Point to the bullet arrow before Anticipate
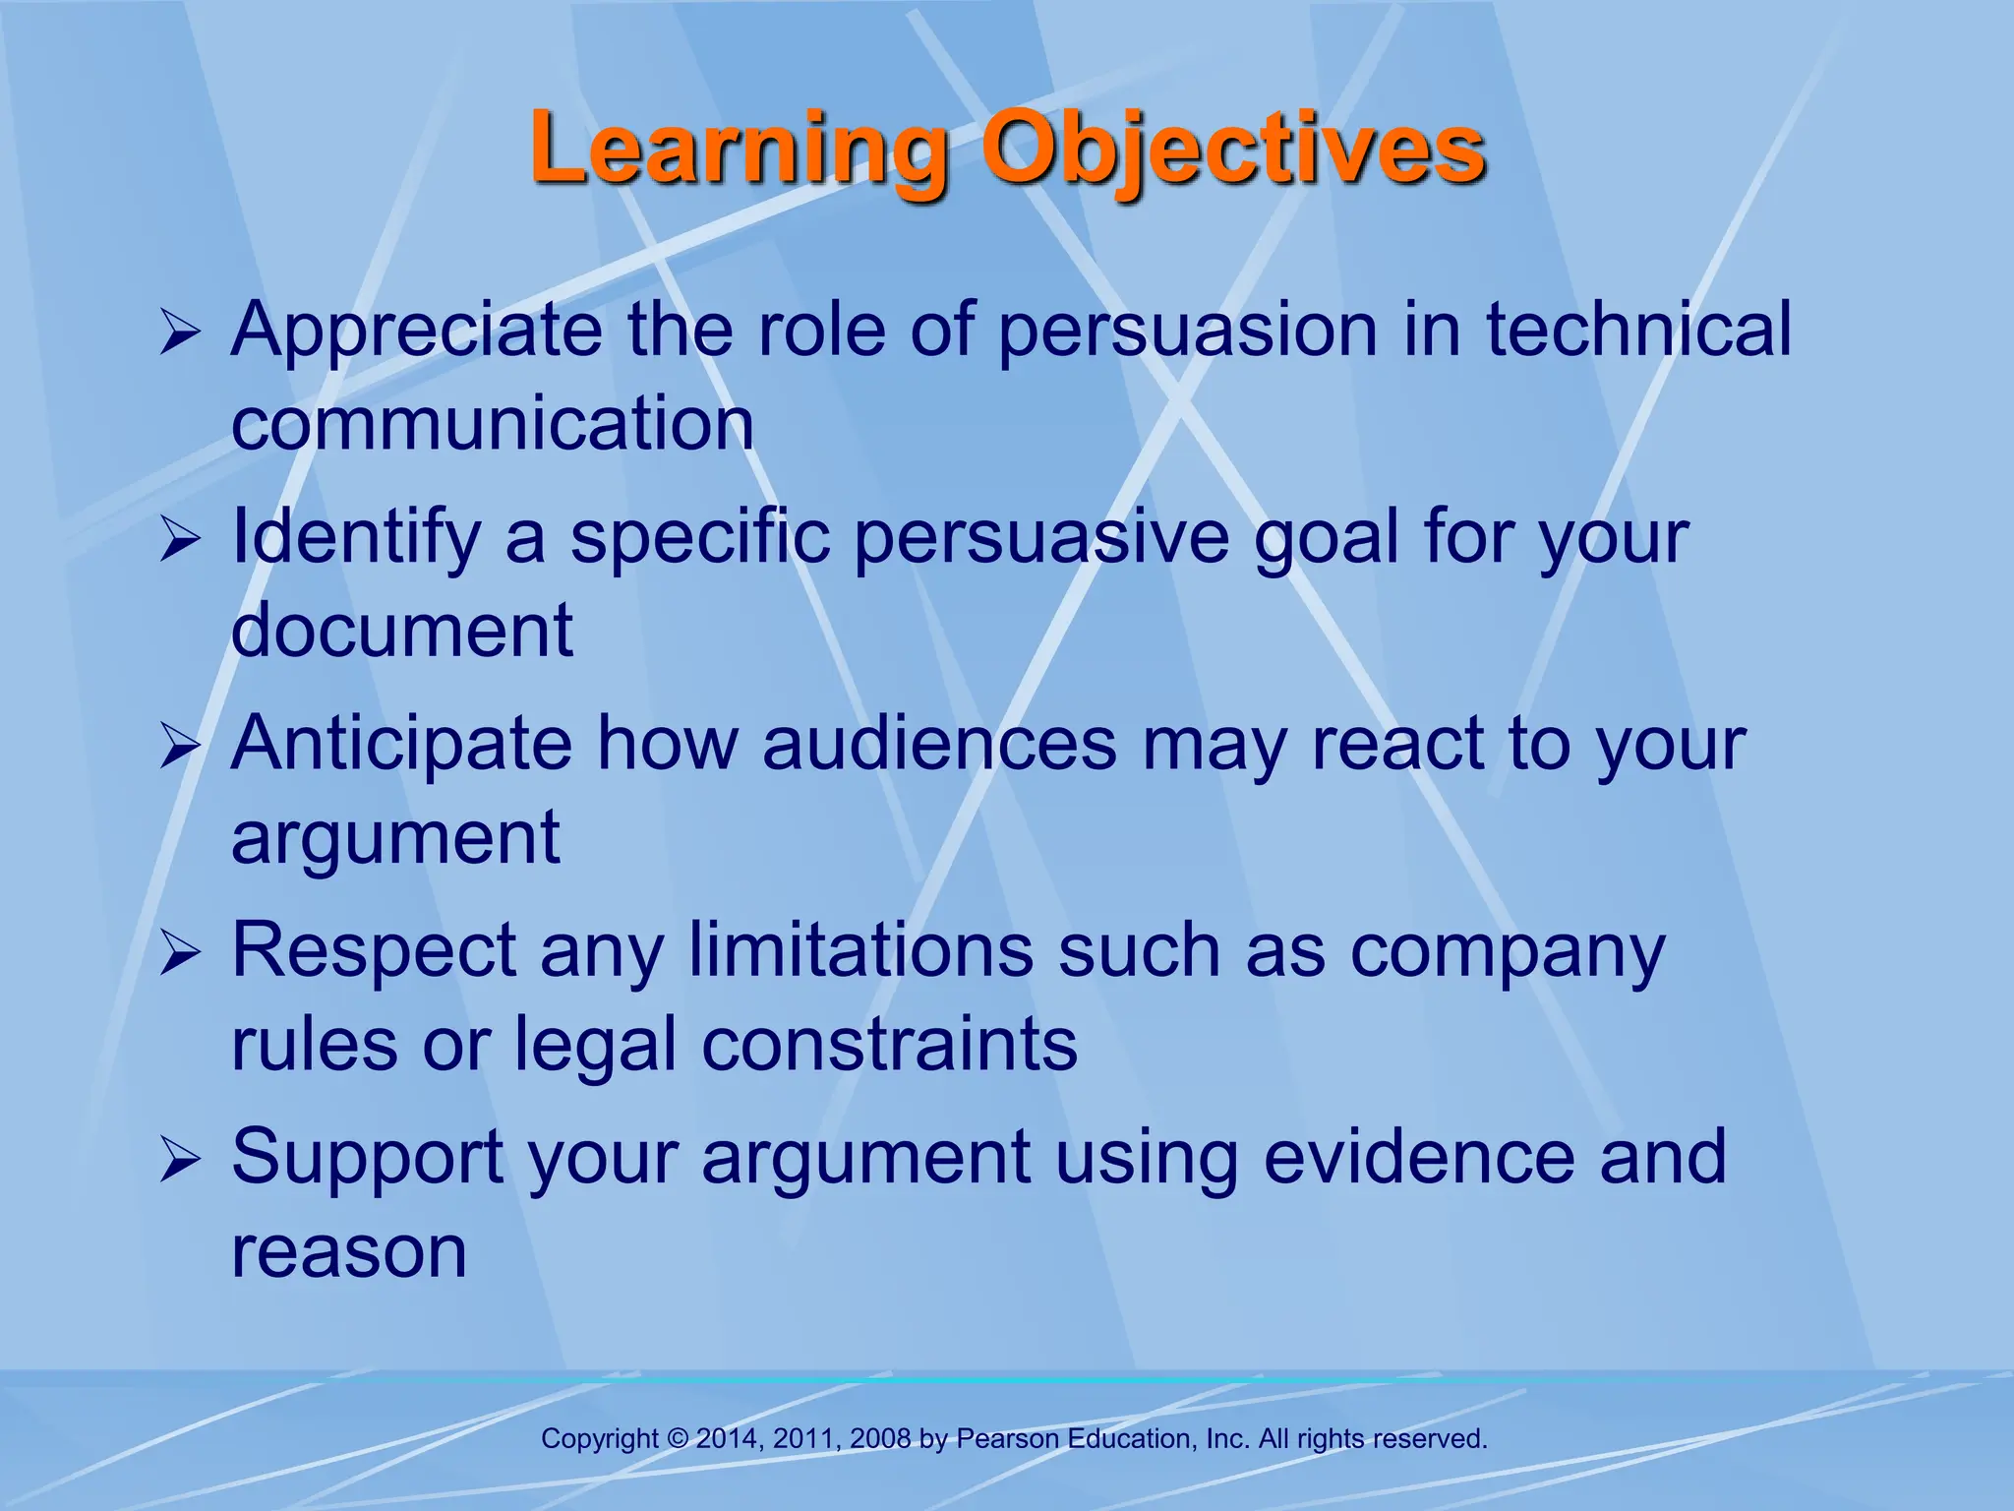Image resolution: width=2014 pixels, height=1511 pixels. click(x=180, y=748)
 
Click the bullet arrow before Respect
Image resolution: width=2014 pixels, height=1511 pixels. click(x=180, y=954)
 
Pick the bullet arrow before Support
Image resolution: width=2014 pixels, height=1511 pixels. click(x=180, y=1161)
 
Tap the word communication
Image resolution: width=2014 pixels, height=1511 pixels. click(x=493, y=425)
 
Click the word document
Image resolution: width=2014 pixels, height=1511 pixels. click(x=401, y=631)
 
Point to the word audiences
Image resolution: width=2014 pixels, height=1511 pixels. click(x=939, y=745)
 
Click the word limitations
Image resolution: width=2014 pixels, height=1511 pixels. click(x=860, y=951)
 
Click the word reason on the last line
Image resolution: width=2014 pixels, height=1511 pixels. click(x=348, y=1253)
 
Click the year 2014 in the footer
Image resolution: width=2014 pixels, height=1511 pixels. click(x=726, y=1439)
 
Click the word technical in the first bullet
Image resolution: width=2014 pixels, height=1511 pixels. click(x=1638, y=331)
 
